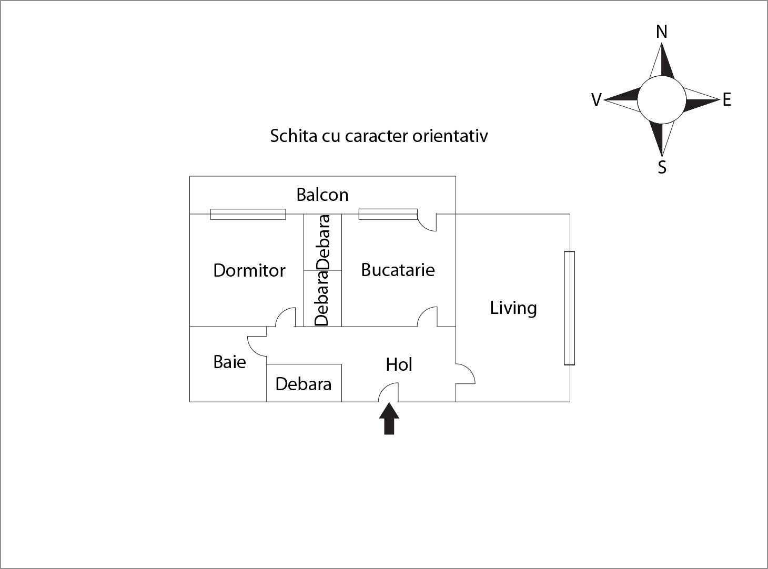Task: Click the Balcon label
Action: click(x=322, y=195)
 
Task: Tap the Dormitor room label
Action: click(x=249, y=270)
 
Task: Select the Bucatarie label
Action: click(x=398, y=270)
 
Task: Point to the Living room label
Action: click(x=513, y=308)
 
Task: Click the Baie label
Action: click(x=229, y=362)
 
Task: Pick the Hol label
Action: click(x=399, y=364)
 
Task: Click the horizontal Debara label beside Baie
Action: click(x=304, y=384)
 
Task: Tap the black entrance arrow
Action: click(x=389, y=419)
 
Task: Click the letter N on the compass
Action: click(x=662, y=32)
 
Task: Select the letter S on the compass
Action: click(x=662, y=167)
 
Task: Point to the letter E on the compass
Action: click(x=727, y=100)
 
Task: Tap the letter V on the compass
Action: click(x=596, y=100)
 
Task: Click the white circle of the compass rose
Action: click(x=662, y=99)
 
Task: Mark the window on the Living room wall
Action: click(x=569, y=308)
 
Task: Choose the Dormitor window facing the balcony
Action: click(x=248, y=214)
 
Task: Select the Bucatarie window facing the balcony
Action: click(x=388, y=214)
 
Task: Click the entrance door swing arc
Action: click(x=388, y=392)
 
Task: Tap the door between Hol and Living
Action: click(x=465, y=374)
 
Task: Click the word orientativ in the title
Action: click(x=450, y=136)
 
